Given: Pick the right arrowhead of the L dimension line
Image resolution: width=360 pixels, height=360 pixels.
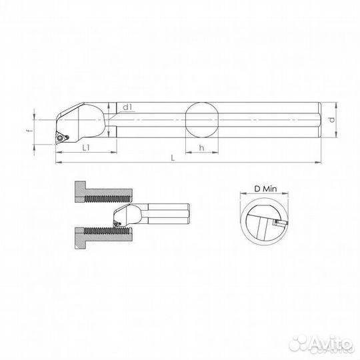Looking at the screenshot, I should [x=319, y=161].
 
